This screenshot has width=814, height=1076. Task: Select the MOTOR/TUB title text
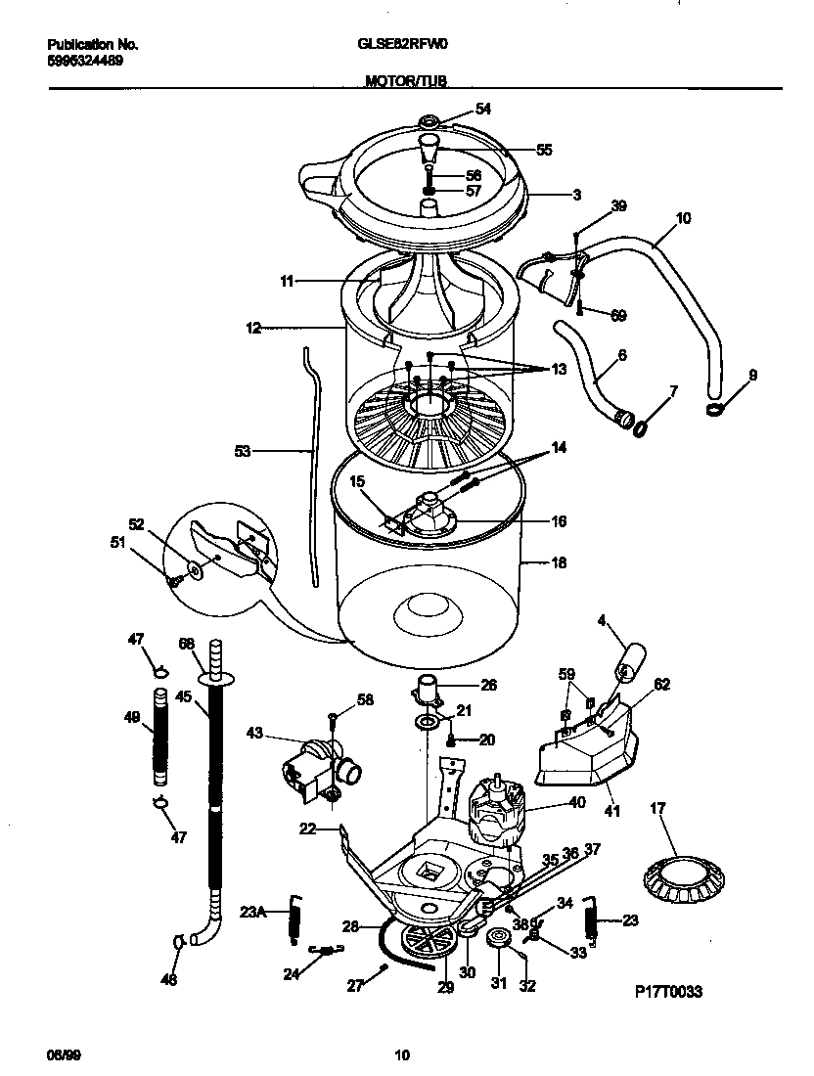[x=406, y=83]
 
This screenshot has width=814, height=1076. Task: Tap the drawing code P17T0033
[x=669, y=991]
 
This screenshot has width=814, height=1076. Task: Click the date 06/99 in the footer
[x=61, y=1054]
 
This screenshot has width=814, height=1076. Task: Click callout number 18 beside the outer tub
[x=560, y=563]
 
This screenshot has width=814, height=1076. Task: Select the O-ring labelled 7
[x=642, y=427]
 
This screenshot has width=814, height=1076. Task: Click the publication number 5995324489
[x=85, y=61]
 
